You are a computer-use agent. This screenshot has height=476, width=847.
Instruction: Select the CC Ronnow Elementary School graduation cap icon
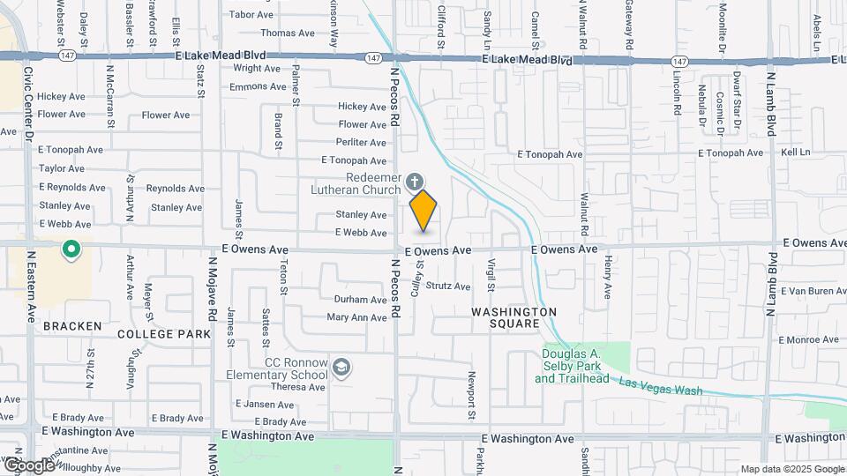tap(341, 366)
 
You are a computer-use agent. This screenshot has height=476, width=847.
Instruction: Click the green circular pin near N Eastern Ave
tap(71, 251)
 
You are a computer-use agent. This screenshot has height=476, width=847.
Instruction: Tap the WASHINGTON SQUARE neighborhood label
tap(513, 317)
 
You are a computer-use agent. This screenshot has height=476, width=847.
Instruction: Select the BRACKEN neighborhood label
tap(72, 326)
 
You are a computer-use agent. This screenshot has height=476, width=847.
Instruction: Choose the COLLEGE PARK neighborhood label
tap(163, 334)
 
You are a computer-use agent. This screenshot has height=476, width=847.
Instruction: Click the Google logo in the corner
tap(28, 465)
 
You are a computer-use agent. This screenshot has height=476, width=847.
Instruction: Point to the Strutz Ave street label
tap(448, 286)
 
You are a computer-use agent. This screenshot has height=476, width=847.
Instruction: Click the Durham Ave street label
tap(360, 300)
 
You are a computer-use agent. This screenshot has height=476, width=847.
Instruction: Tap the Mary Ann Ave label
tap(356, 317)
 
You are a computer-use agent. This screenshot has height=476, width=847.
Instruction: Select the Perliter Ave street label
tap(362, 142)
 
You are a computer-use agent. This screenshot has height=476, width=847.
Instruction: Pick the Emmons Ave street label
tap(258, 86)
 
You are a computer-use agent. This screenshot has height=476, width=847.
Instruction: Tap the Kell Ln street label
tap(795, 152)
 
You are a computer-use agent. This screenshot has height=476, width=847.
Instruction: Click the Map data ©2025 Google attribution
tap(791, 469)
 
